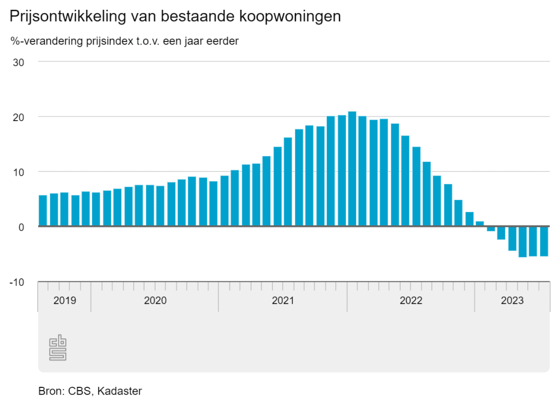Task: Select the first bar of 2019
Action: pos(43,211)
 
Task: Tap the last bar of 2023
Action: pos(544,241)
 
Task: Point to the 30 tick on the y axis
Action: pos(19,62)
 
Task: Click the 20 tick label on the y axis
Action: pos(19,117)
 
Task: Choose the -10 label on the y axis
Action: pos(17,282)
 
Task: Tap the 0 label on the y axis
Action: pos(21,227)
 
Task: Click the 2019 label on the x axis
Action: pos(64,301)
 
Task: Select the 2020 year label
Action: pos(155,301)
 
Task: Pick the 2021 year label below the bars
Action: pos(283,301)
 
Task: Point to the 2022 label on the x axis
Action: pos(411,301)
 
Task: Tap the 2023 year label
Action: pos(512,301)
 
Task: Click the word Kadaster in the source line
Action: pos(120,391)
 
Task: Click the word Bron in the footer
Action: pos(50,391)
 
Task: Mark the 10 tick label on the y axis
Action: pos(19,172)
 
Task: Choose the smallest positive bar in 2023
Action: pos(480,224)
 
